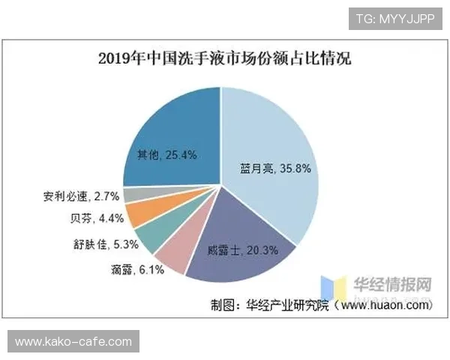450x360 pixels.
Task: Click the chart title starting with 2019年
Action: coord(224,58)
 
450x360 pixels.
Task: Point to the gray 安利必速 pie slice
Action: coord(133,195)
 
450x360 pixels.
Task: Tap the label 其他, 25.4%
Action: coord(166,155)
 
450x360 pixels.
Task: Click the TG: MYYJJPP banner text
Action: coord(393,17)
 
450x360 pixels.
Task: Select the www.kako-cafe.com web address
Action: coord(73,342)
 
